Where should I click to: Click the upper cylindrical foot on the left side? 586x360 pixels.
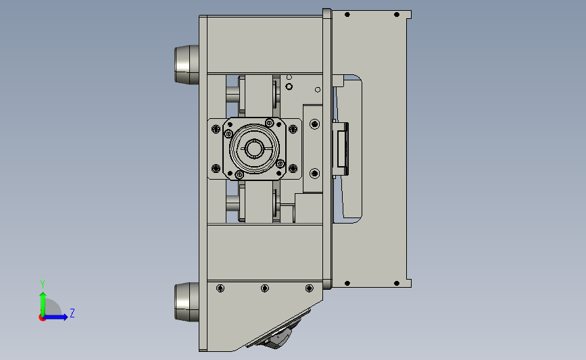pos(187,65)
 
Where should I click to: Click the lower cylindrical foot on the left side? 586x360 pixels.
pos(187,302)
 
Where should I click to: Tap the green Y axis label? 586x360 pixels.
pos(43,284)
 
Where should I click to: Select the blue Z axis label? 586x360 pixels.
pos(72,313)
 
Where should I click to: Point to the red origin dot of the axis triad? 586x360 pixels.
pos(42,318)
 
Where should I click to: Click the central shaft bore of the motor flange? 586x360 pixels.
pos(255,149)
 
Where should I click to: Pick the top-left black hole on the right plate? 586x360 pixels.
pos(347,15)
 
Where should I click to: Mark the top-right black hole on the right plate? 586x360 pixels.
pos(397,15)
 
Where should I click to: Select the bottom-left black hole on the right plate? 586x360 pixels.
pos(347,284)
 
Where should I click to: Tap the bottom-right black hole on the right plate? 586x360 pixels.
pos(397,284)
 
